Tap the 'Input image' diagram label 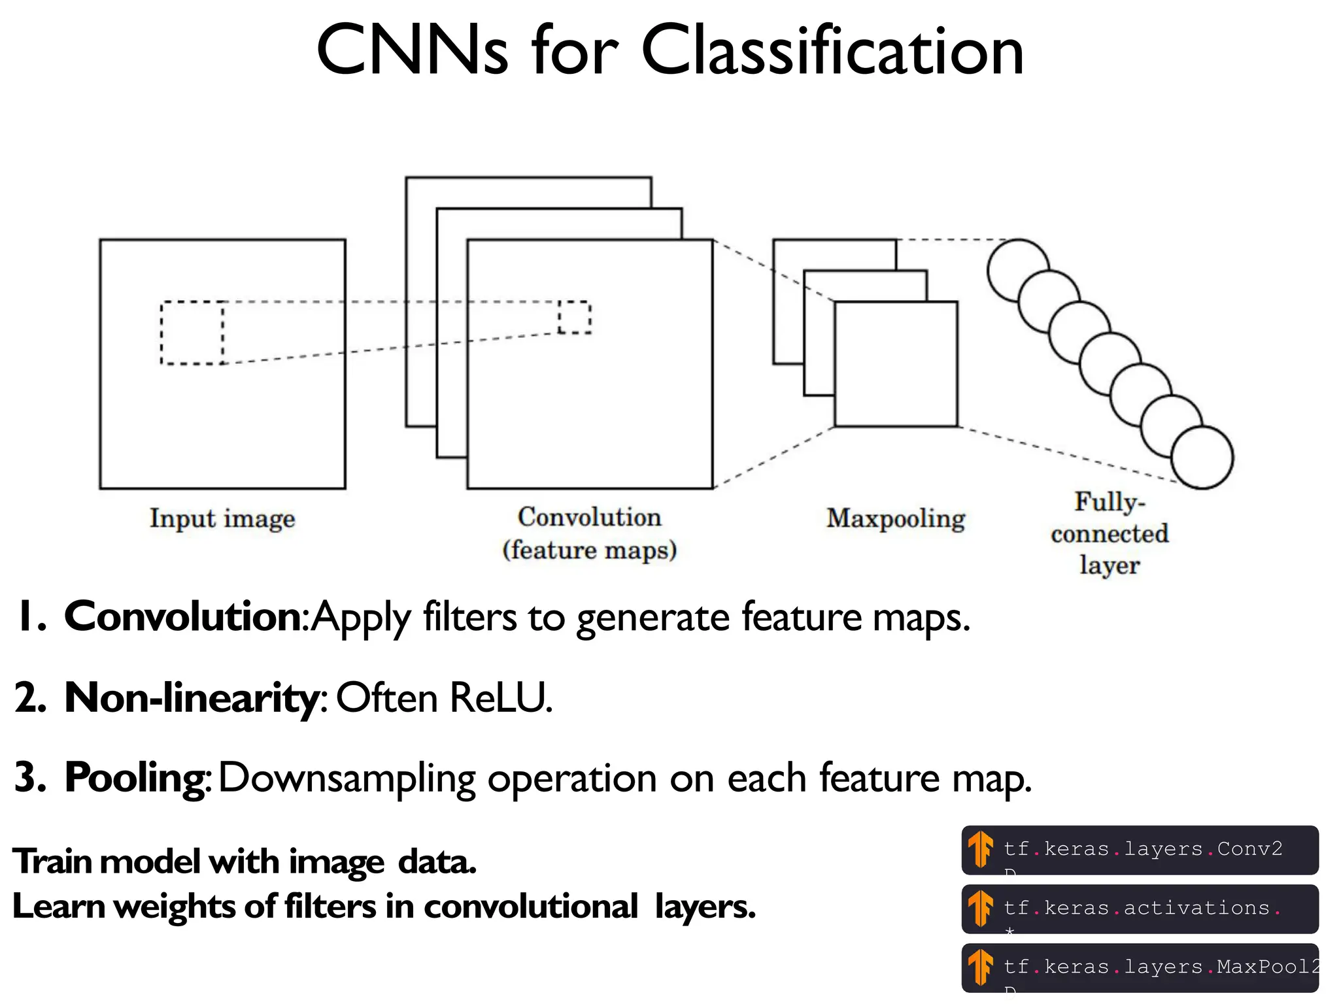point(222,518)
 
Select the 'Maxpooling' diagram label point(895,518)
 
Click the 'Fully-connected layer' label point(1110,533)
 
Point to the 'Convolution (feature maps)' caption point(589,533)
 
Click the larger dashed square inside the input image point(192,333)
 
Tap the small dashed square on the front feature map point(575,317)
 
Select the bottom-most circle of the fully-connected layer point(1202,458)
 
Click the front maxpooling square point(896,364)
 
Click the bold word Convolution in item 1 point(182,616)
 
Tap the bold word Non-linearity point(191,697)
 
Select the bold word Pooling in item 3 point(136,778)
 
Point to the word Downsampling point(347,778)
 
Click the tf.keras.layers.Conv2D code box point(1140,850)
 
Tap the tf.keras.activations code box point(1140,909)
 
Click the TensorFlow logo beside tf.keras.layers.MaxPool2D point(980,967)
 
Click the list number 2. point(29,697)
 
